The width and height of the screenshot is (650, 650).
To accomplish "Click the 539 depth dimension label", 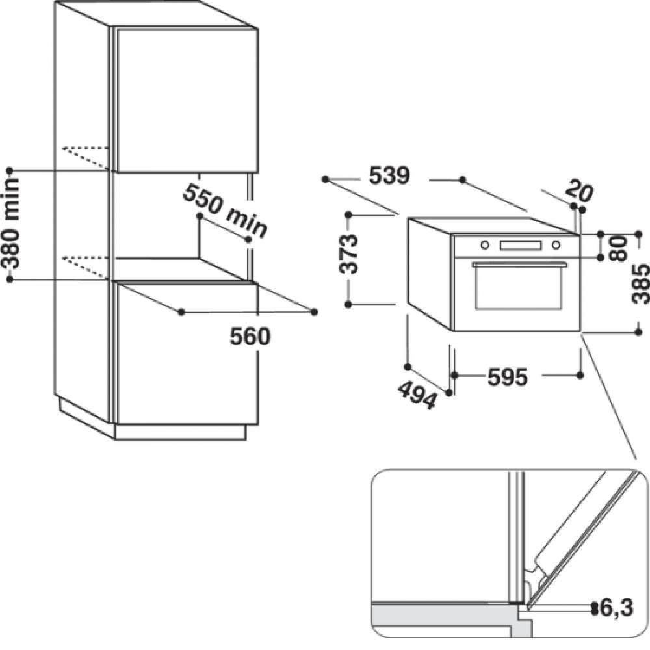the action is tap(389, 175).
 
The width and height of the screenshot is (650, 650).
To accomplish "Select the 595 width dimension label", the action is tap(508, 377).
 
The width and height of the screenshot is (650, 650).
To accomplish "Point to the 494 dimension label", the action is tap(417, 395).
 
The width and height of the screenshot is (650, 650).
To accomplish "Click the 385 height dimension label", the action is tap(640, 283).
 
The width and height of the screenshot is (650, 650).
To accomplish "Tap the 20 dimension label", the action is tap(580, 190).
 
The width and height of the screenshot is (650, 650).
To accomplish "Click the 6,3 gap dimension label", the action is tap(616, 608).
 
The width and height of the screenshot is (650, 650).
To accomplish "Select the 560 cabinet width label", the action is tap(250, 336).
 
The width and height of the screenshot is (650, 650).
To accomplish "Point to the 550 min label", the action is tap(225, 211).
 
